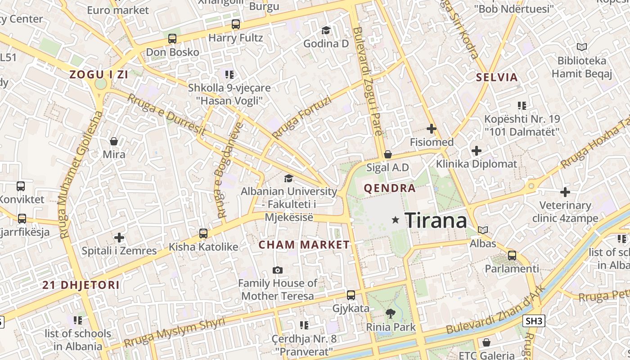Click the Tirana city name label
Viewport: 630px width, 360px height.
coord(436,220)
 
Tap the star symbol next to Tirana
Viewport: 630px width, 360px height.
coord(396,220)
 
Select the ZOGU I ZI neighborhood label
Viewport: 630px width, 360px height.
coord(99,75)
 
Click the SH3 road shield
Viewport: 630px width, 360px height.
coord(534,321)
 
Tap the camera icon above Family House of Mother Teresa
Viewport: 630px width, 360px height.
coord(278,270)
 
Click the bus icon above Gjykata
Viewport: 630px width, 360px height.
coord(351,295)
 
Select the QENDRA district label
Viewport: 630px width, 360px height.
coord(390,188)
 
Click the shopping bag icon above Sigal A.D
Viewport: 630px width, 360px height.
coord(388,154)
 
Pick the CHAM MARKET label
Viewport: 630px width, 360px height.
coord(304,245)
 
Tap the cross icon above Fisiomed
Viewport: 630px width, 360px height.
coord(432,129)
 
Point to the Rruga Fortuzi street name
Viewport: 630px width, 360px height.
coord(301,118)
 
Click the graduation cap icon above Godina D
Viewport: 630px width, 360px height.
coord(326,30)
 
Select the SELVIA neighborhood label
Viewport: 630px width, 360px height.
coord(497,77)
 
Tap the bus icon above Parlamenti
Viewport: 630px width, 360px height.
coord(512,256)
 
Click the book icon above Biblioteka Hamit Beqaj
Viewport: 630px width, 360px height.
coord(582,47)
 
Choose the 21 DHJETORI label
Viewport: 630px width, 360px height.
coord(81,285)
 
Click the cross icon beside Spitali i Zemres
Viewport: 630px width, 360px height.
coord(119,237)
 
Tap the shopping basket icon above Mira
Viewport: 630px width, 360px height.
coord(114,141)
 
